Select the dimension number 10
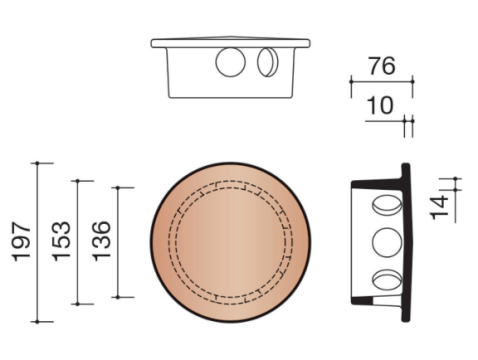pyautogui.click(x=379, y=105)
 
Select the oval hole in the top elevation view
pyautogui.click(x=267, y=63)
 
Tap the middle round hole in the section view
pyautogui.click(x=385, y=242)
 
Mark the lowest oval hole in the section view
pyautogui.click(x=385, y=280)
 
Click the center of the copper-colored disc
pyautogui.click(x=231, y=243)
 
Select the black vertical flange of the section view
pyautogui.click(x=406, y=243)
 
